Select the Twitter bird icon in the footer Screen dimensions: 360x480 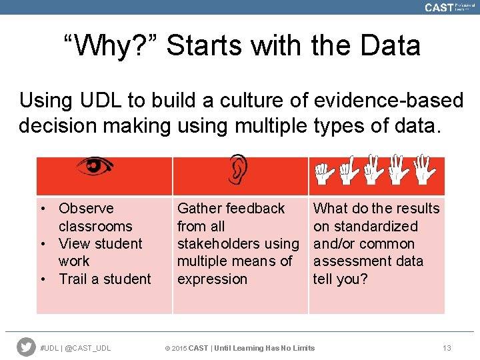point(26,347)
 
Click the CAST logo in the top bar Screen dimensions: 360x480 point(439,7)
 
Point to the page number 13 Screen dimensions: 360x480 point(447,348)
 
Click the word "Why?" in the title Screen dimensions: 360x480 point(109,46)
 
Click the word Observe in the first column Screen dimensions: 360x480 point(86,209)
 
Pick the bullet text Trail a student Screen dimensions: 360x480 point(105,279)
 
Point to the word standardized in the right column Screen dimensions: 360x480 point(375,227)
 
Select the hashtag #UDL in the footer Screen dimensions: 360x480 point(49,348)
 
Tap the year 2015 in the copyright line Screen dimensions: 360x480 point(179,348)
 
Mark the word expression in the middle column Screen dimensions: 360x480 point(212,279)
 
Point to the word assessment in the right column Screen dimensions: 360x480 point(349,261)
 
